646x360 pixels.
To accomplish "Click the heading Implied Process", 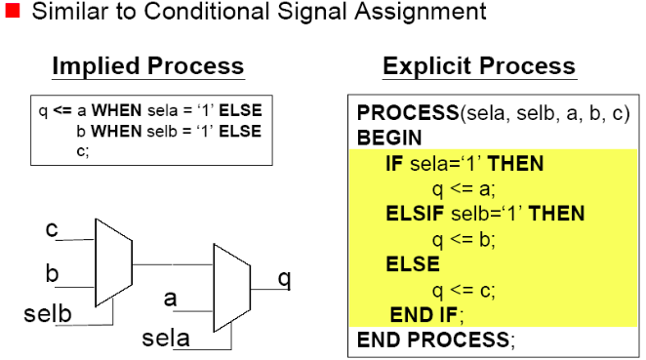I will click(x=147, y=66).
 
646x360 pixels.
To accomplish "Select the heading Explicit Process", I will click(x=478, y=66).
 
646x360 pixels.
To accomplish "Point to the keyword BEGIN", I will click(x=389, y=139).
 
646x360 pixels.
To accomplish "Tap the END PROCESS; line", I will click(x=434, y=340).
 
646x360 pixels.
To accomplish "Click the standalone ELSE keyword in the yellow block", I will click(x=412, y=264).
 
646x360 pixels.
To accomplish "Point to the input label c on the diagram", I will click(x=52, y=230).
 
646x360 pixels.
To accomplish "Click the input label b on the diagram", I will click(x=52, y=273).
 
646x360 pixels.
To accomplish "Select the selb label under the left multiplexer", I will click(x=46, y=314).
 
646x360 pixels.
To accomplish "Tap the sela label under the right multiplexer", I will click(x=166, y=339).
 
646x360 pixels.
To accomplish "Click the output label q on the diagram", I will click(x=285, y=279).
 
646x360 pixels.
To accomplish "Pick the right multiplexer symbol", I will click(x=231, y=283).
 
